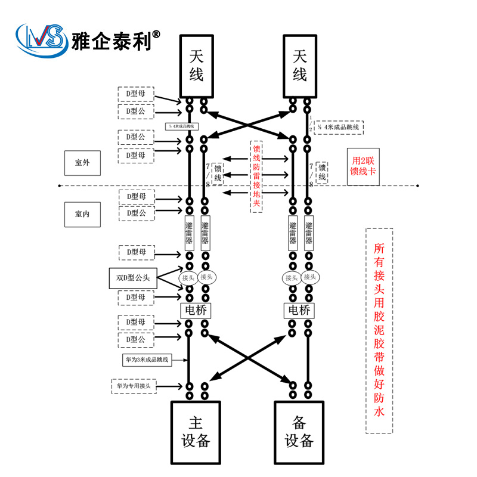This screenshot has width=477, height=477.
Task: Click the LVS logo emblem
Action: click(41, 41)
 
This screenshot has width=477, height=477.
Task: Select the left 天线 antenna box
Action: click(196, 65)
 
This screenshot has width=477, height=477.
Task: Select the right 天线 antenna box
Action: click(300, 65)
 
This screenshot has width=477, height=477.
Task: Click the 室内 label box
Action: click(82, 214)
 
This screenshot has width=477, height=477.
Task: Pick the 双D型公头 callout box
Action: click(134, 277)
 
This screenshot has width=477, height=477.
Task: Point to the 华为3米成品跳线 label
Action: click(146, 360)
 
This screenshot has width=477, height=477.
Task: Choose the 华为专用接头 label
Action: click(141, 386)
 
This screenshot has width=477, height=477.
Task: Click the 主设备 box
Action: click(196, 432)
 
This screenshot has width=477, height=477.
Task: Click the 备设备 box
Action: click(299, 432)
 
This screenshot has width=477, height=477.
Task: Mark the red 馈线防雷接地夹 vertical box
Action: click(256, 176)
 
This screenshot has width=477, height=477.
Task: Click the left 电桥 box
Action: click(196, 310)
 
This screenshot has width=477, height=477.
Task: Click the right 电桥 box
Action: click(299, 310)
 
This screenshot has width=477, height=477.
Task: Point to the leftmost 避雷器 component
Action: click(190, 233)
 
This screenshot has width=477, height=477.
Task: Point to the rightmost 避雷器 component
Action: click(309, 233)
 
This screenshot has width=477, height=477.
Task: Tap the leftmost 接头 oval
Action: click(188, 277)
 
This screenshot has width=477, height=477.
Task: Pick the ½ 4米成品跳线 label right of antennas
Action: click(339, 127)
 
